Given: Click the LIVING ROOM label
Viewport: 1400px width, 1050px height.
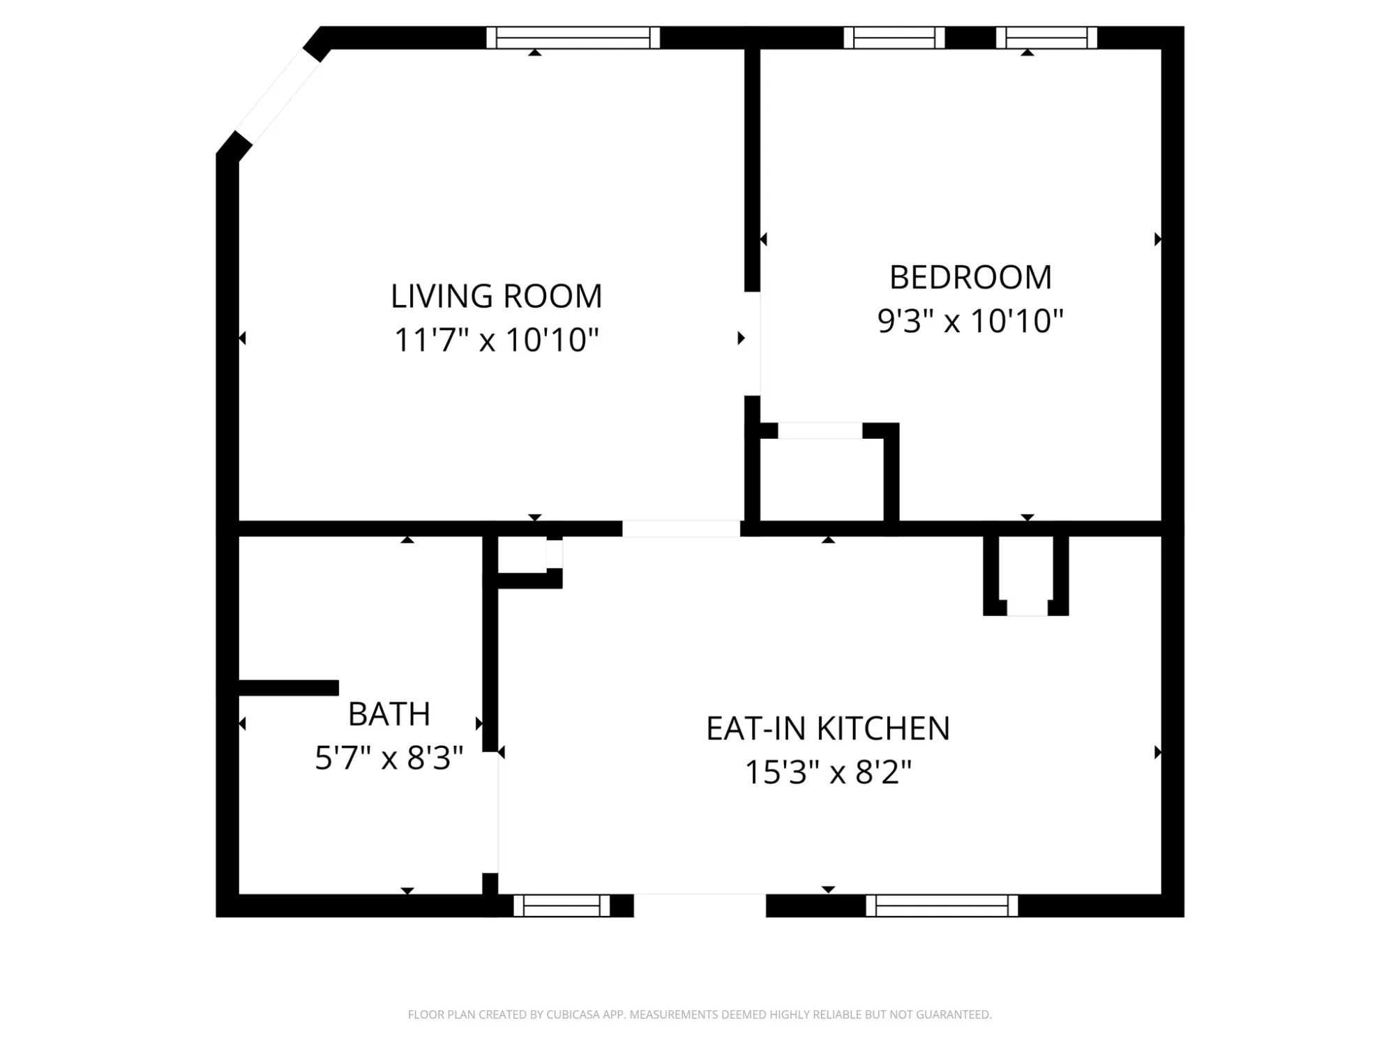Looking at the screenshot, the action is coord(496,296).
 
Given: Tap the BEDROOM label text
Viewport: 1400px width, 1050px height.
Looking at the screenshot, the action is coord(970,277).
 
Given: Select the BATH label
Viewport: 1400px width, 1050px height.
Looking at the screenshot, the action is coord(389,714).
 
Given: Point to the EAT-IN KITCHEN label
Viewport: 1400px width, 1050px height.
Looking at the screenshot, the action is coord(828,728).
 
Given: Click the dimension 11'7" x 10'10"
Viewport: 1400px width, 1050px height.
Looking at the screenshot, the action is coord(496,340).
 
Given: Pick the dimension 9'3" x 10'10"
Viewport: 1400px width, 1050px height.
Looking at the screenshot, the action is coord(970,321).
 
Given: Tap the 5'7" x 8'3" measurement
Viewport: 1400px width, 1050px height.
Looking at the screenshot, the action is coord(389,758).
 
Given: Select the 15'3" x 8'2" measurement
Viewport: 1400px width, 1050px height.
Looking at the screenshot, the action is coord(828,772).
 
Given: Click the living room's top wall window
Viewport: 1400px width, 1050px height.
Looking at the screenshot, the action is coord(573,38).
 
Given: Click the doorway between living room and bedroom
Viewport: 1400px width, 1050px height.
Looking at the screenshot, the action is coord(752,343).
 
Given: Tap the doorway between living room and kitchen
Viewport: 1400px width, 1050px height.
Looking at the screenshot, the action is coord(681,528).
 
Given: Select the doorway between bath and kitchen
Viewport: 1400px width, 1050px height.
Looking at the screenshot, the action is coord(490,812).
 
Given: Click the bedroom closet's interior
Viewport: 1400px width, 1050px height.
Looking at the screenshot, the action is coord(822,480).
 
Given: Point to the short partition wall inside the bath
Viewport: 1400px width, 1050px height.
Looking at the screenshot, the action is coord(289,688).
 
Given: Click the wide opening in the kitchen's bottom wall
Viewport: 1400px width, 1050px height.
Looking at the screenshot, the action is coord(700,906).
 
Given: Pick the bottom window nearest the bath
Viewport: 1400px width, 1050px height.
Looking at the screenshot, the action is coord(562,906).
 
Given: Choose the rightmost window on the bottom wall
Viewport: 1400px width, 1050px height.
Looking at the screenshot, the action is coord(942,906).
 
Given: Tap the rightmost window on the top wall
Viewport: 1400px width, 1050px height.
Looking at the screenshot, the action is coord(1046,38).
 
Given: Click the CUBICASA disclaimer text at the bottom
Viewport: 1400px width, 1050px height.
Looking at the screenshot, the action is coord(700,1014).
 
